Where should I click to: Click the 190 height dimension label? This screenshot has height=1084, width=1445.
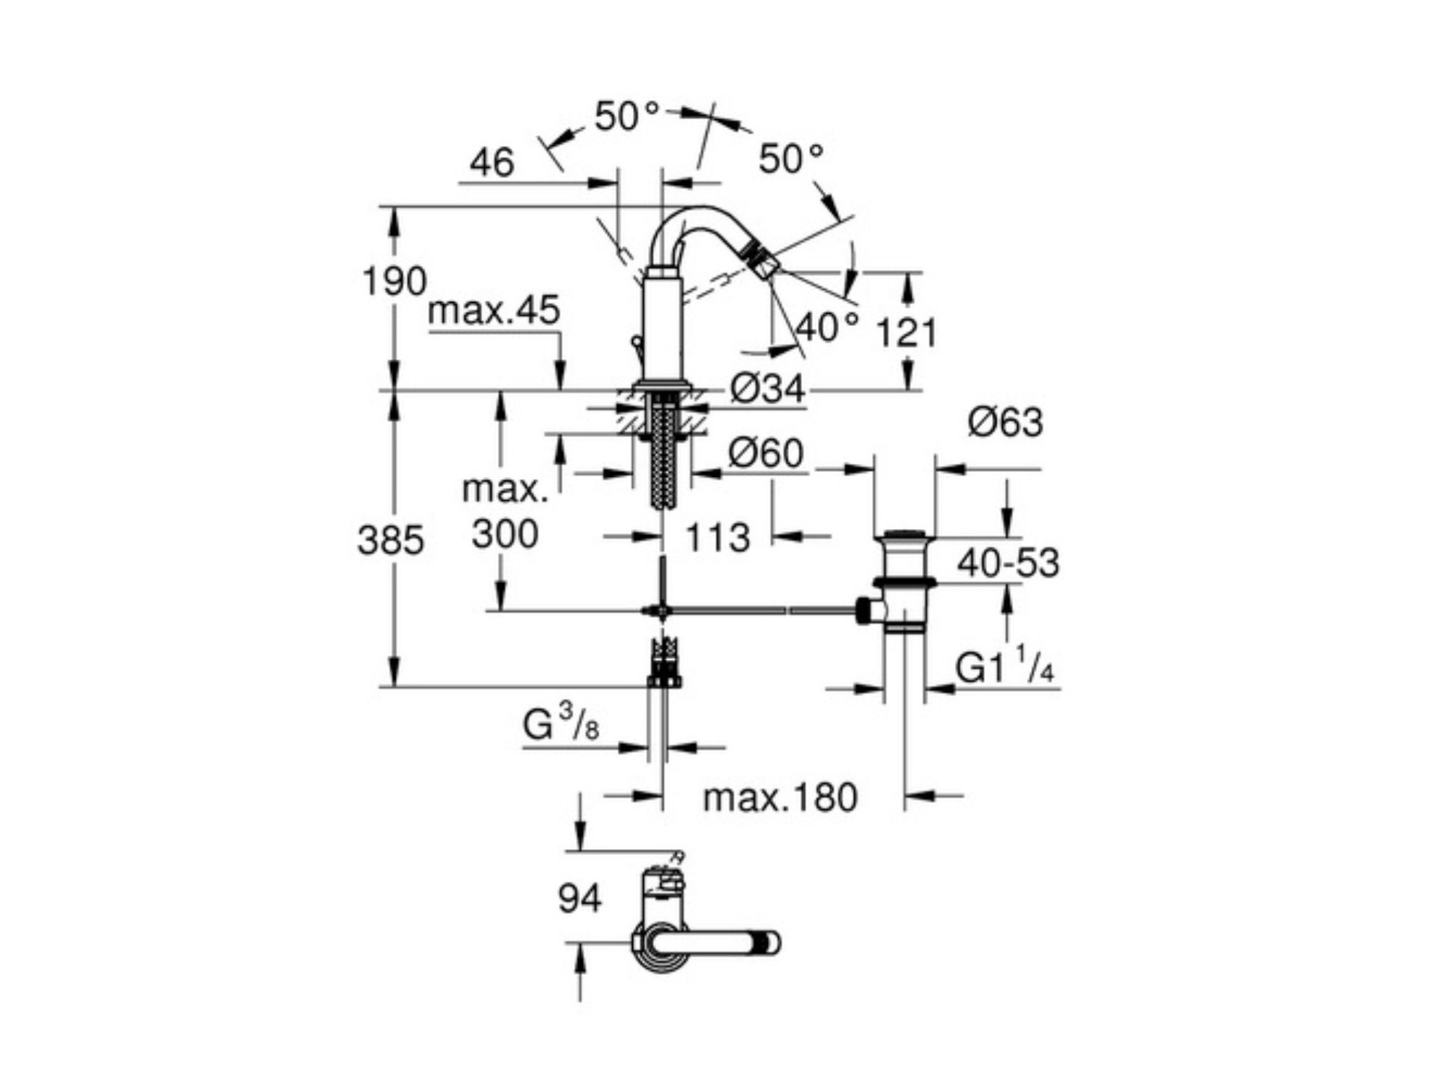pos(394,281)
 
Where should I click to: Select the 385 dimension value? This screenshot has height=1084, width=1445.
pos(390,540)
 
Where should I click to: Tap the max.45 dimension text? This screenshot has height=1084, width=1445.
pos(494,311)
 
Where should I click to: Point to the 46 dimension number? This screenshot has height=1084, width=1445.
pos(492,163)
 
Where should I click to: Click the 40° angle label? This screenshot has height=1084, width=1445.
pos(828,327)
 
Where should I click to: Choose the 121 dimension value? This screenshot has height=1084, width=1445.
pos(906,333)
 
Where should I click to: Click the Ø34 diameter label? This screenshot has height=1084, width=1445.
pos(767,390)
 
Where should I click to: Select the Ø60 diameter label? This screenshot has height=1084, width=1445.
pos(766,453)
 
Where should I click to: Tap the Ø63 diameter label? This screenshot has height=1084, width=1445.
pos(1006,422)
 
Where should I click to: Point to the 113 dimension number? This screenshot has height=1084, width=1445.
pos(717,538)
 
